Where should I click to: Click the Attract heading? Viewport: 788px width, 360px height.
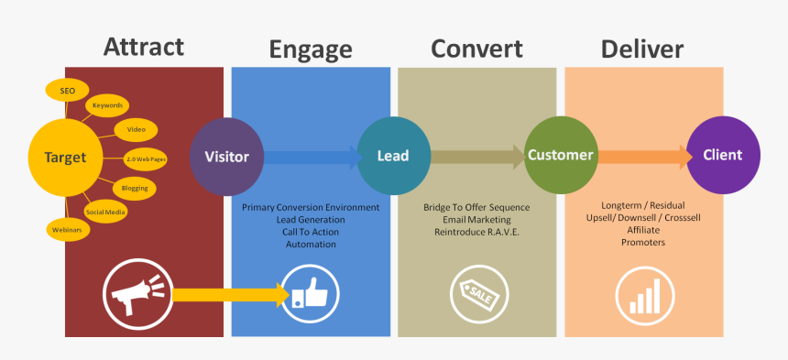[x=144, y=46]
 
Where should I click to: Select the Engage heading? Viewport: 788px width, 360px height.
[x=310, y=49]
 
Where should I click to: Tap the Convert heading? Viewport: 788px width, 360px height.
[x=476, y=48]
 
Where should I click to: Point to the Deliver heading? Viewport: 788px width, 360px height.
[x=642, y=48]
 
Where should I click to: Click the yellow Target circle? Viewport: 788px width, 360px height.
[x=64, y=158]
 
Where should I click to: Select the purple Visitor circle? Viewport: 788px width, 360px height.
[x=226, y=157]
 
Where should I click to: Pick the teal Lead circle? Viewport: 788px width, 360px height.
[x=393, y=156]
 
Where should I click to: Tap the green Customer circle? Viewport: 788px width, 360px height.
[x=561, y=156]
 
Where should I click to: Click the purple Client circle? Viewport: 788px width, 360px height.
[x=723, y=156]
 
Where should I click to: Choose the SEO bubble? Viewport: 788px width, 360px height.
[x=68, y=91]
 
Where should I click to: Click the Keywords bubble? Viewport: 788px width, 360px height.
[x=107, y=106]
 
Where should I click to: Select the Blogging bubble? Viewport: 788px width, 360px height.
[x=135, y=188]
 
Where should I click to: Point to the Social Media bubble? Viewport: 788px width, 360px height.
[x=105, y=212]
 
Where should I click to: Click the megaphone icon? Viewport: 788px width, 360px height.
[x=136, y=295]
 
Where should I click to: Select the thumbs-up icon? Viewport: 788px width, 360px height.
[x=311, y=295]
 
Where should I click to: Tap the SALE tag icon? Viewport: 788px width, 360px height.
[x=477, y=295]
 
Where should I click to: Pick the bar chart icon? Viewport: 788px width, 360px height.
[x=643, y=295]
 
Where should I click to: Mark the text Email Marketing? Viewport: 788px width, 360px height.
[x=476, y=220]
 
